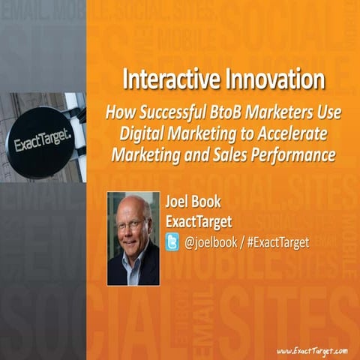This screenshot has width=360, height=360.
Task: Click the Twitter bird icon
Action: pos(173,242)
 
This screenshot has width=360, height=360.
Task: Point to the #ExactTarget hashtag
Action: pos(280,242)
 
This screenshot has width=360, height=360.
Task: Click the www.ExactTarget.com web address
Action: pos(312,350)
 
